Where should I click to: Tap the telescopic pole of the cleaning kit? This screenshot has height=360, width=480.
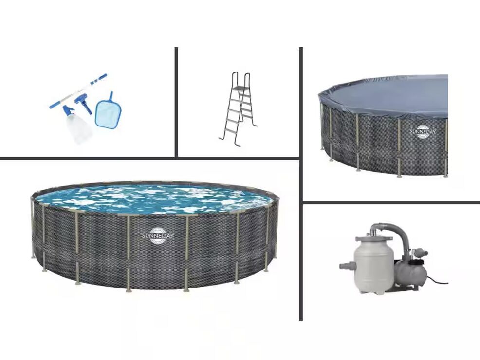point(78,91)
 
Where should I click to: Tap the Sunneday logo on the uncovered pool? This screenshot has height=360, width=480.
point(158,236)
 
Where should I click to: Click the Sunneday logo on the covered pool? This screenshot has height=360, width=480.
point(423,132)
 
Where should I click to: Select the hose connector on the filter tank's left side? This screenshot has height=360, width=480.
point(347,265)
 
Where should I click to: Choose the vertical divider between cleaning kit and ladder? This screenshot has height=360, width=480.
point(176,102)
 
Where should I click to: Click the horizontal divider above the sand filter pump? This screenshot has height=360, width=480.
point(391,202)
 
